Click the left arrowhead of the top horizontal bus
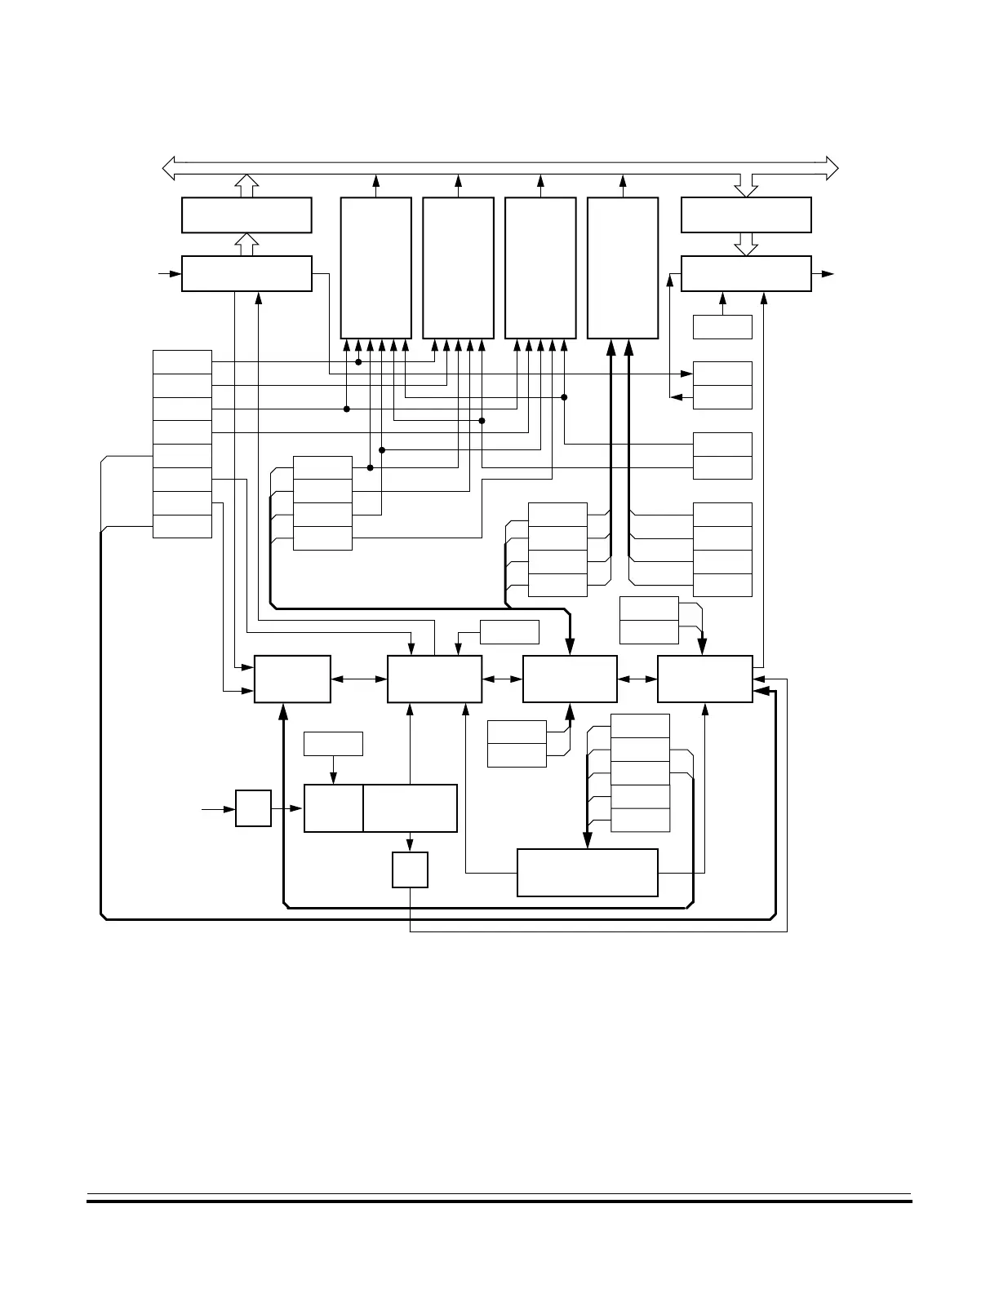169,168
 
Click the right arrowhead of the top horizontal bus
832,168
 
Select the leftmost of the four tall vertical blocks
375,268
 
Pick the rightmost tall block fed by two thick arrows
623,268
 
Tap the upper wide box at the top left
246,215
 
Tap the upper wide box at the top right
746,215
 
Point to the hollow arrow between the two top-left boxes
246,243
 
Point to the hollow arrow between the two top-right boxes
746,243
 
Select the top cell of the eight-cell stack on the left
182,362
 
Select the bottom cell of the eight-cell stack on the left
182,527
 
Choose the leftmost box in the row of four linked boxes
292,679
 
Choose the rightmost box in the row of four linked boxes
705,679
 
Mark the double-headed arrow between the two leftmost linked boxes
359,679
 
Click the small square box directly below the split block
410,870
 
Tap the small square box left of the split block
253,808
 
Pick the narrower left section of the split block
333,808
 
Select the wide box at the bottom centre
588,873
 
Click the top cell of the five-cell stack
641,725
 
